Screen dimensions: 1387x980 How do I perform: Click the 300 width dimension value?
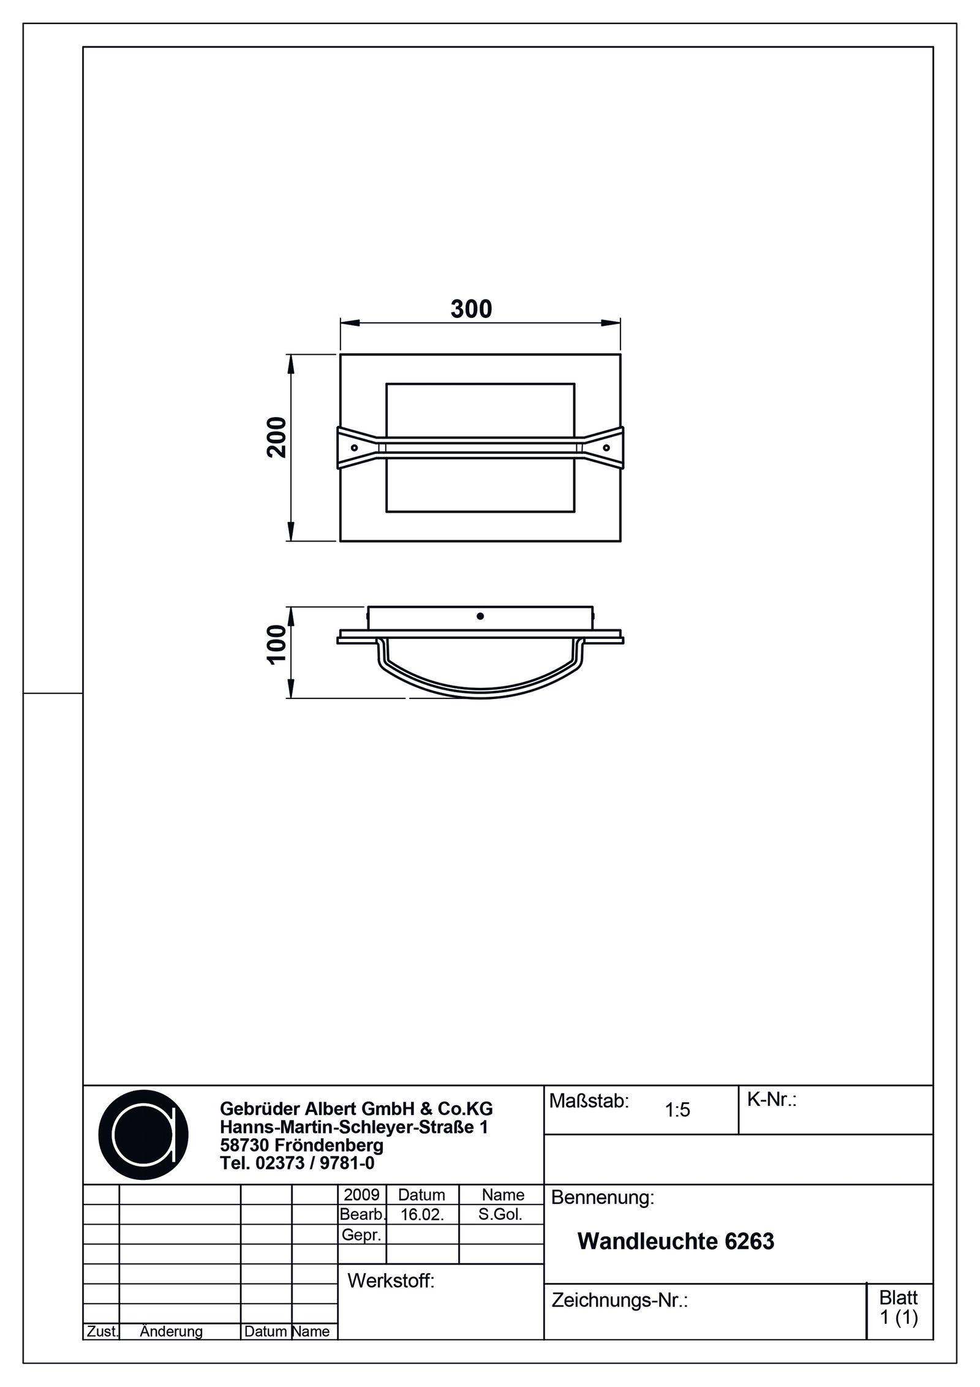point(471,309)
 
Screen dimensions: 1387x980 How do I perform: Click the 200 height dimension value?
point(277,437)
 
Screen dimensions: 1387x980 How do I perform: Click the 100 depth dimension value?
point(277,644)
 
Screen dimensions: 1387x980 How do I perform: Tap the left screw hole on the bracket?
point(354,448)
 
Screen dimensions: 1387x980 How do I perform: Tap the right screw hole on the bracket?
point(606,448)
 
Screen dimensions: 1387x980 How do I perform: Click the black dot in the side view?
point(480,616)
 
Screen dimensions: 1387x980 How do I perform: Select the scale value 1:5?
point(677,1110)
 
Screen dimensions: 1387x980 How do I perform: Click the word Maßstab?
point(589,1101)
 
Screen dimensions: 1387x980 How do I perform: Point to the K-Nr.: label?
point(771,1100)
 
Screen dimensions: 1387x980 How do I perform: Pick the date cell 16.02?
point(421,1215)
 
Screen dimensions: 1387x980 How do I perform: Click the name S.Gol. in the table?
point(500,1214)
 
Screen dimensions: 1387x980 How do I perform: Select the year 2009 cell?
point(362,1195)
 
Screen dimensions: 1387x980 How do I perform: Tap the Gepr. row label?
point(361,1235)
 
